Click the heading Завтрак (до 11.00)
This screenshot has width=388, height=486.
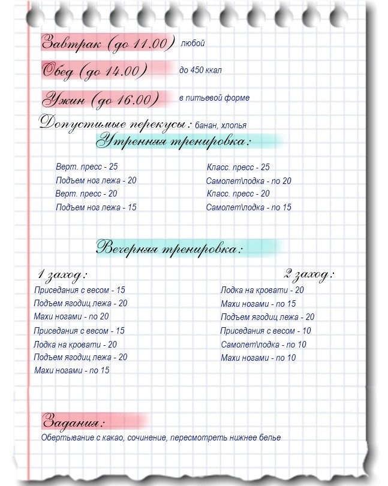pos(107,43)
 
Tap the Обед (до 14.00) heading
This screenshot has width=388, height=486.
pos(94,71)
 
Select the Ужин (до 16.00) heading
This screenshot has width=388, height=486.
pos(100,99)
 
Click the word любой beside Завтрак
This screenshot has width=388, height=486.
pos(193,43)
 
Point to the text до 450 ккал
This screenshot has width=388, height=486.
pos(200,70)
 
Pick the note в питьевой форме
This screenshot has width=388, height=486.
pos(214,98)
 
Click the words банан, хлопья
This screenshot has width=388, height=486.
pos(221,125)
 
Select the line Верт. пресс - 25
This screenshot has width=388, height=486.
pos(86,167)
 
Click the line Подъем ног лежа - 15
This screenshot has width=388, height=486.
pos(96,207)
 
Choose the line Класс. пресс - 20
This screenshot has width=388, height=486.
pos(238,194)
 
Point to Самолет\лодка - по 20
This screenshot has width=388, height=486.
pos(248,181)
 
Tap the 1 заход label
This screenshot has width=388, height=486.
pos(62,274)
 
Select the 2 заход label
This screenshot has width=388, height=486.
pos(308,274)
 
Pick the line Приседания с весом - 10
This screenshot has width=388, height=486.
pos(265,331)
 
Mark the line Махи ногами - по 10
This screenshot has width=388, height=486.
pos(258,358)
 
